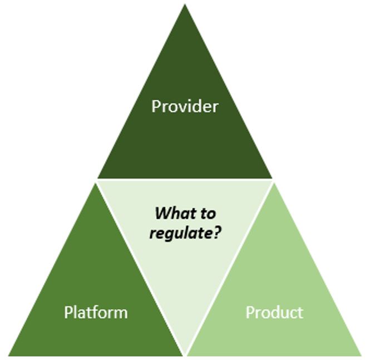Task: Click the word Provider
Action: click(185, 106)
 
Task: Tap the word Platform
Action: click(96, 312)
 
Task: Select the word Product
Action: click(275, 312)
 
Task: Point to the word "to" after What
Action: click(206, 214)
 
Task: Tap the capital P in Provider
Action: click(156, 106)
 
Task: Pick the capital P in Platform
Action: click(68, 312)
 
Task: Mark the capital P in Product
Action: click(250, 312)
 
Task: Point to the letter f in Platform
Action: click(97, 312)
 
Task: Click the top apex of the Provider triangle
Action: click(185, 4)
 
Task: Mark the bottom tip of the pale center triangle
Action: click(185, 354)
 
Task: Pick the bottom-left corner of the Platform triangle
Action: click(9, 356)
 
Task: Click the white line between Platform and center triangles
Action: click(140, 269)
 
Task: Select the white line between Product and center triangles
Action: click(230, 269)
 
